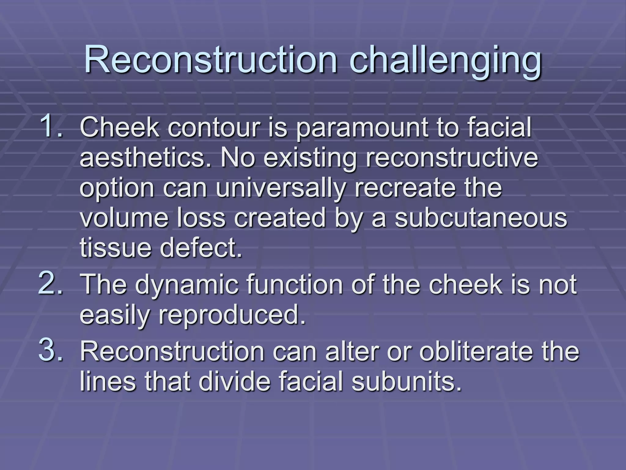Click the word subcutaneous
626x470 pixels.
[481, 218]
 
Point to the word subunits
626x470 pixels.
[406, 382]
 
